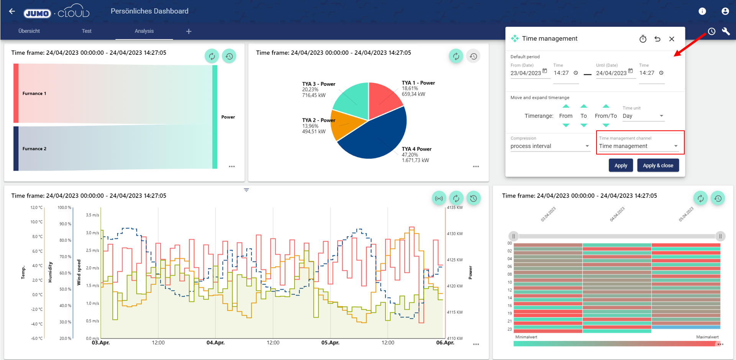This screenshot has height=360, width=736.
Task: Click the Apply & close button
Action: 658,166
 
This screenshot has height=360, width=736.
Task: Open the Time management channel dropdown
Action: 639,146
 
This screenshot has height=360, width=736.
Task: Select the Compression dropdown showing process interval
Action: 550,146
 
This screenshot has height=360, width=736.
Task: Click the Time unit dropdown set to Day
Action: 643,116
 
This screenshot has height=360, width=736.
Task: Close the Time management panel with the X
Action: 672,39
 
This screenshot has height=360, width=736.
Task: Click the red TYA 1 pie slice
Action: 383,98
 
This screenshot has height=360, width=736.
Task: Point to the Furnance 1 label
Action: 34,94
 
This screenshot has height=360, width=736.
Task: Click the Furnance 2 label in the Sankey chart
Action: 34,149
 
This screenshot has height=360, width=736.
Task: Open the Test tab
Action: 87,31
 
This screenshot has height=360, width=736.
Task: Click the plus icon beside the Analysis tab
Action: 189,31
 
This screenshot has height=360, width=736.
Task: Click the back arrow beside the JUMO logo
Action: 12,12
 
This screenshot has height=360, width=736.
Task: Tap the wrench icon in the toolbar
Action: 726,31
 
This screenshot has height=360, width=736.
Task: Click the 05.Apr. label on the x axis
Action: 330,342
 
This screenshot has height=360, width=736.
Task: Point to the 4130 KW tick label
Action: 455,233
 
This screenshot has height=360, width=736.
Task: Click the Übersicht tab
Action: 29,31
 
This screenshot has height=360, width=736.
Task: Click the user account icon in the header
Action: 725,12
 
